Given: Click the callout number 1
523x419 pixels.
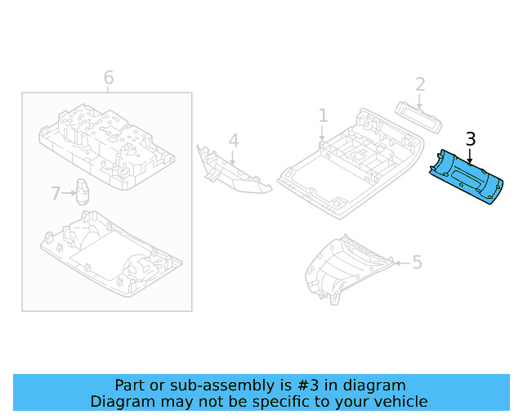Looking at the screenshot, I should (x=323, y=115).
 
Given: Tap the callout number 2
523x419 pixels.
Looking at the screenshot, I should (x=420, y=83).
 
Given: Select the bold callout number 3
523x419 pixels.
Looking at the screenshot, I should (x=470, y=139).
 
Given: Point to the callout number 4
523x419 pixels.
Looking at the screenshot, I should (x=234, y=141).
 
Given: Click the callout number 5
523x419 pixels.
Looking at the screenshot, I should (x=417, y=262).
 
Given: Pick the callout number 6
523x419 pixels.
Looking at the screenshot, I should (x=109, y=78).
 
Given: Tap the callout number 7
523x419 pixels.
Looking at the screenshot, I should (x=56, y=194).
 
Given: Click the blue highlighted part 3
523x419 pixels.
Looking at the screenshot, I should (x=467, y=175).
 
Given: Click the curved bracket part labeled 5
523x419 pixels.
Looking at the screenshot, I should (x=343, y=270).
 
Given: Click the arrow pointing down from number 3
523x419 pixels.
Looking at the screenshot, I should (x=470, y=155).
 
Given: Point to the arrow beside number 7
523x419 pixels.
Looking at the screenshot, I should (x=69, y=194).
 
